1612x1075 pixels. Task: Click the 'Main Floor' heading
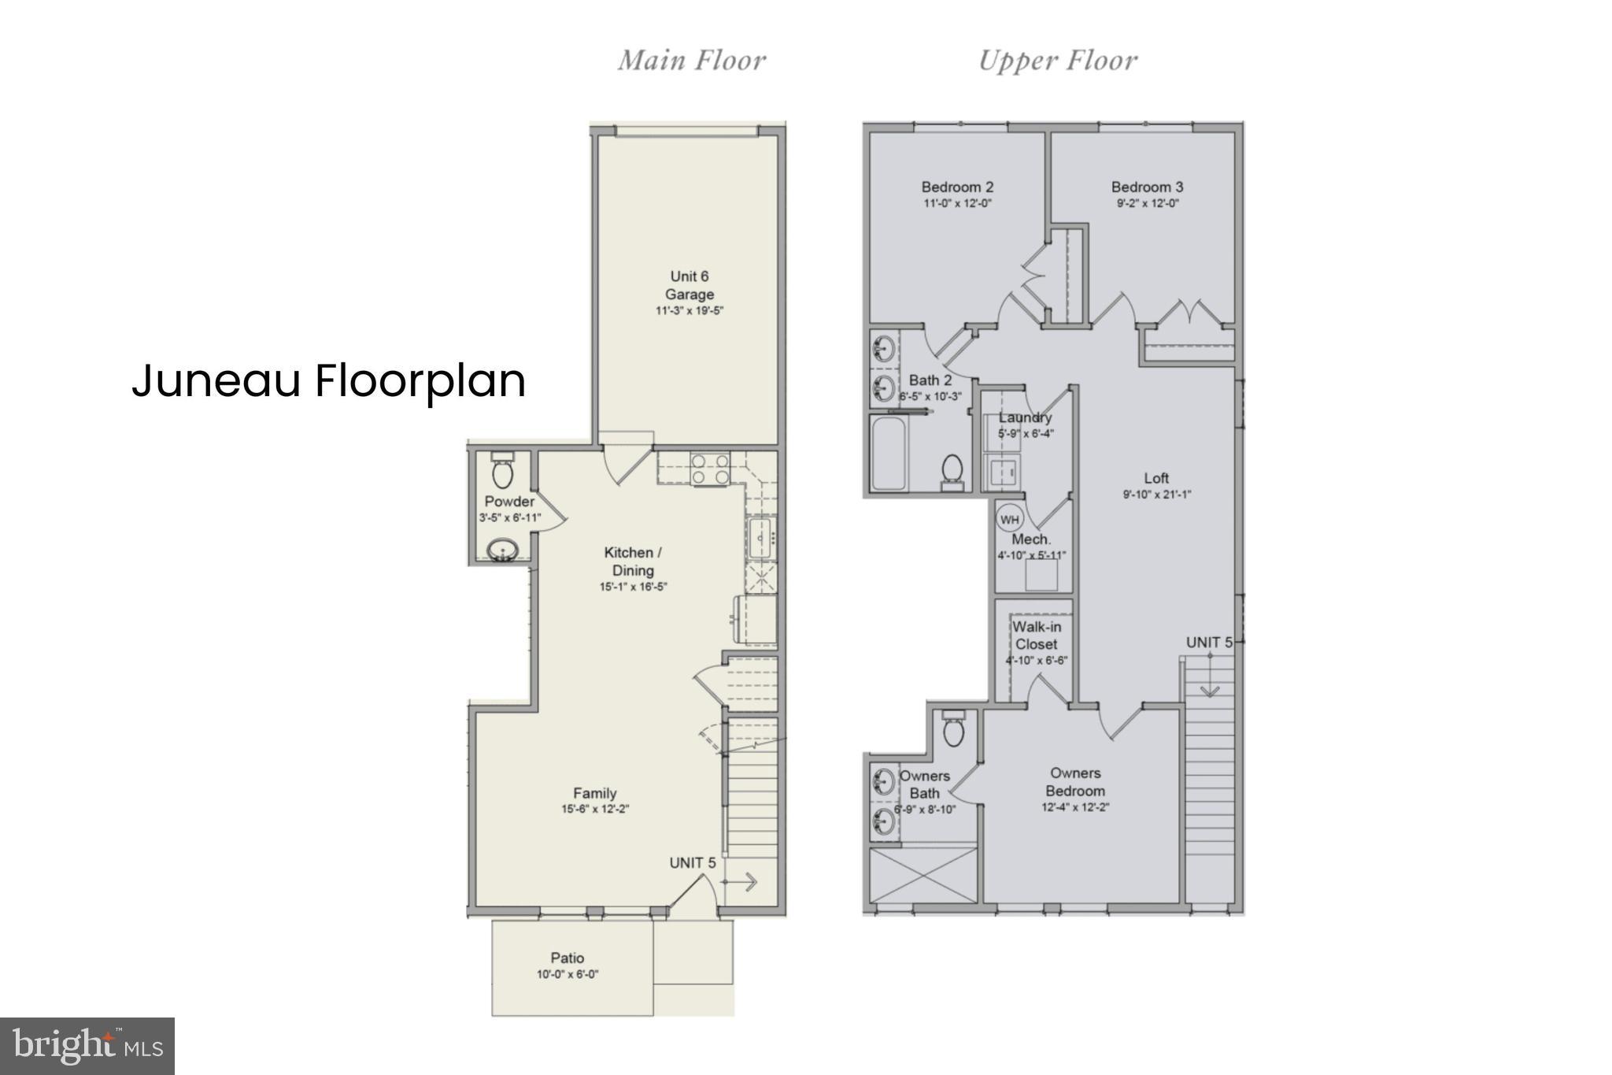pyautogui.click(x=691, y=61)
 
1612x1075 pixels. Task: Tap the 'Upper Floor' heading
pyautogui.click(x=1057, y=61)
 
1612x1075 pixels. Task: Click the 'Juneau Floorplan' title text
pyautogui.click(x=328, y=381)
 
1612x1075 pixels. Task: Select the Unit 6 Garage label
pyautogui.click(x=689, y=285)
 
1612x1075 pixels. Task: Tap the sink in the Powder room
pyautogui.click(x=501, y=549)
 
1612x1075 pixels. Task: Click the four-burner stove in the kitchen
pyautogui.click(x=710, y=469)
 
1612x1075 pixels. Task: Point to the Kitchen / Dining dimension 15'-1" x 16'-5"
pyautogui.click(x=633, y=587)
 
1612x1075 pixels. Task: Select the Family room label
pyautogui.click(x=594, y=793)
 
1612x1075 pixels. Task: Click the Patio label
pyautogui.click(x=567, y=958)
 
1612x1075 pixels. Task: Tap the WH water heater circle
pyautogui.click(x=1010, y=519)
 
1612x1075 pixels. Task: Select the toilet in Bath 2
pyautogui.click(x=952, y=470)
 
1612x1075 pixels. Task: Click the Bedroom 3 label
pyautogui.click(x=1147, y=187)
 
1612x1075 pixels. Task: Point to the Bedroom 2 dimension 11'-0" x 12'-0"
pyautogui.click(x=957, y=203)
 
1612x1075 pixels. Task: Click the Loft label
pyautogui.click(x=1156, y=478)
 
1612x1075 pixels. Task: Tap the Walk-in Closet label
pyautogui.click(x=1036, y=635)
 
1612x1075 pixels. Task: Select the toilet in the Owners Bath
pyautogui.click(x=953, y=728)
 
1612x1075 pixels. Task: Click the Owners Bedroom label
pyautogui.click(x=1075, y=782)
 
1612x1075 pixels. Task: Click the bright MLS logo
pyautogui.click(x=87, y=1046)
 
